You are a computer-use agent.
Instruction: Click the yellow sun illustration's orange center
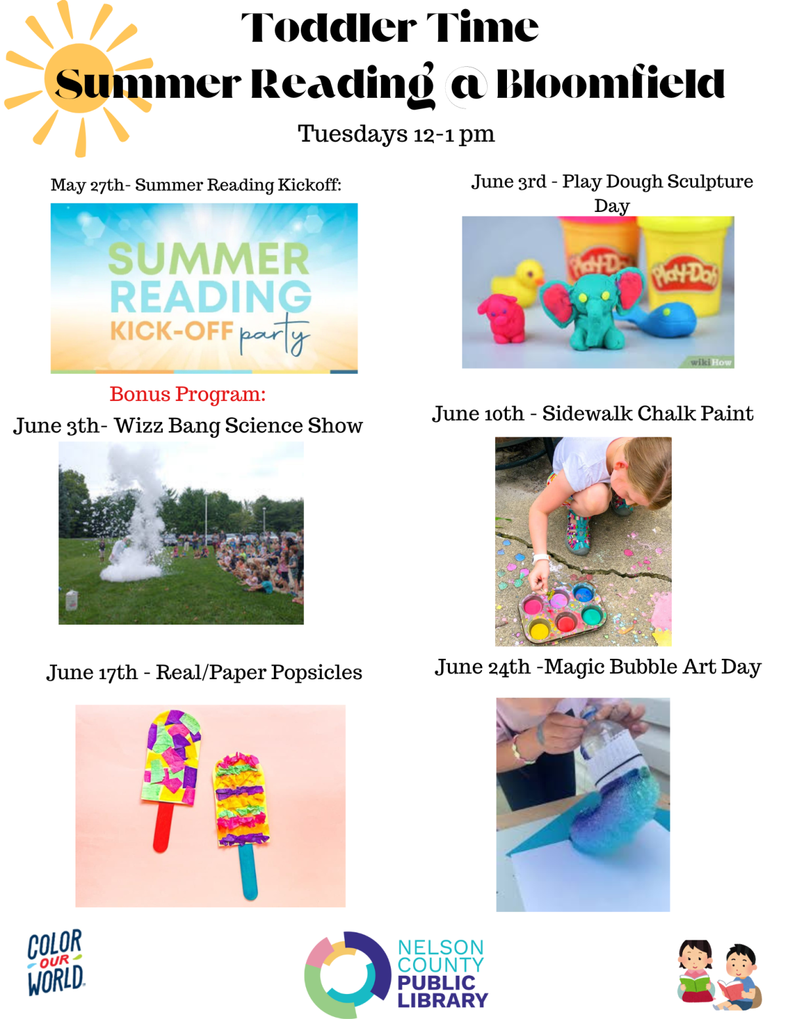[x=79, y=78]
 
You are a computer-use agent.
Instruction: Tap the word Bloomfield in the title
[x=610, y=83]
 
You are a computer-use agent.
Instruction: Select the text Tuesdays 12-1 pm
[x=396, y=134]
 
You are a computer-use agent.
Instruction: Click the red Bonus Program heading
[x=188, y=394]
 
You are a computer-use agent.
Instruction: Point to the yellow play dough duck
[x=517, y=282]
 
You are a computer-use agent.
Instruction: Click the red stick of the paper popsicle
[x=162, y=827]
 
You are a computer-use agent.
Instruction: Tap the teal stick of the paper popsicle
[x=248, y=871]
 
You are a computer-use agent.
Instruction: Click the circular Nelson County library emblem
[x=348, y=975]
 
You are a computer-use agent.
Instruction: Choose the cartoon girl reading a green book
[x=695, y=970]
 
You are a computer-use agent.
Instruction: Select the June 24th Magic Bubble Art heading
[x=598, y=667]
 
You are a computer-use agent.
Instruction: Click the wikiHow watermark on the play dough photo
[x=711, y=362]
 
